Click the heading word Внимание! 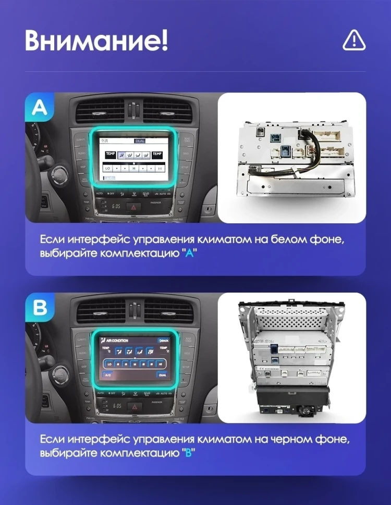[x=96, y=40]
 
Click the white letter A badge [x=40, y=107]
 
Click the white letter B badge [x=40, y=307]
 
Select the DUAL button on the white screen [x=140, y=141]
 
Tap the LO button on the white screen [x=108, y=168]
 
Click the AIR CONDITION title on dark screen [x=117, y=340]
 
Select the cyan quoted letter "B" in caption [x=188, y=454]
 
